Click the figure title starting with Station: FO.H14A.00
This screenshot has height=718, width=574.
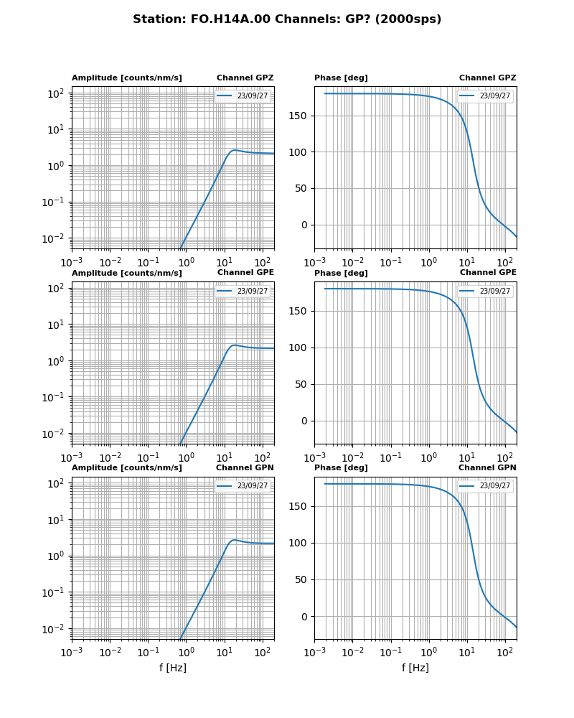click(x=287, y=19)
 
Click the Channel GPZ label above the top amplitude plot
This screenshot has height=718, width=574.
click(x=245, y=78)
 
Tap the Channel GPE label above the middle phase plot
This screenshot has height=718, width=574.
click(x=488, y=273)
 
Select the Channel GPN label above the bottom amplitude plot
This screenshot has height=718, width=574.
click(x=245, y=468)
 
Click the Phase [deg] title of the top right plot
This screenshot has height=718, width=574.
click(x=341, y=78)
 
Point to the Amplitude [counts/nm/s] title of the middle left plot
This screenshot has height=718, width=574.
click(x=126, y=273)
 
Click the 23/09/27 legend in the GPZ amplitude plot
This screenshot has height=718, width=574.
click(x=244, y=95)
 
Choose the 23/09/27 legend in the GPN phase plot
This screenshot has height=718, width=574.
click(x=486, y=486)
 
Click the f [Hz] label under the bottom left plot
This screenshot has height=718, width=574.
click(x=173, y=668)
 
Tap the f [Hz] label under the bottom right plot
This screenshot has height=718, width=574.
click(x=415, y=668)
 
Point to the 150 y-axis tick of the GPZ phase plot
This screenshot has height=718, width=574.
click(x=299, y=116)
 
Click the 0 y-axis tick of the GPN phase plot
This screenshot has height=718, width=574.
click(x=304, y=617)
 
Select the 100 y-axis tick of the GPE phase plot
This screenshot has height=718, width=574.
click(x=299, y=348)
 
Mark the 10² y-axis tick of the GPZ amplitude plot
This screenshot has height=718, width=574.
click(x=55, y=93)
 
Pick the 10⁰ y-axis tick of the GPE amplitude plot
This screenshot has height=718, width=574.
click(x=55, y=361)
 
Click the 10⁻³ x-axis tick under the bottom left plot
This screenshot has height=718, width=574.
click(x=72, y=652)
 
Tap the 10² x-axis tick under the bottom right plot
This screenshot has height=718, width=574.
click(x=505, y=652)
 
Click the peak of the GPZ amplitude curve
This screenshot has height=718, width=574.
click(x=235, y=150)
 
